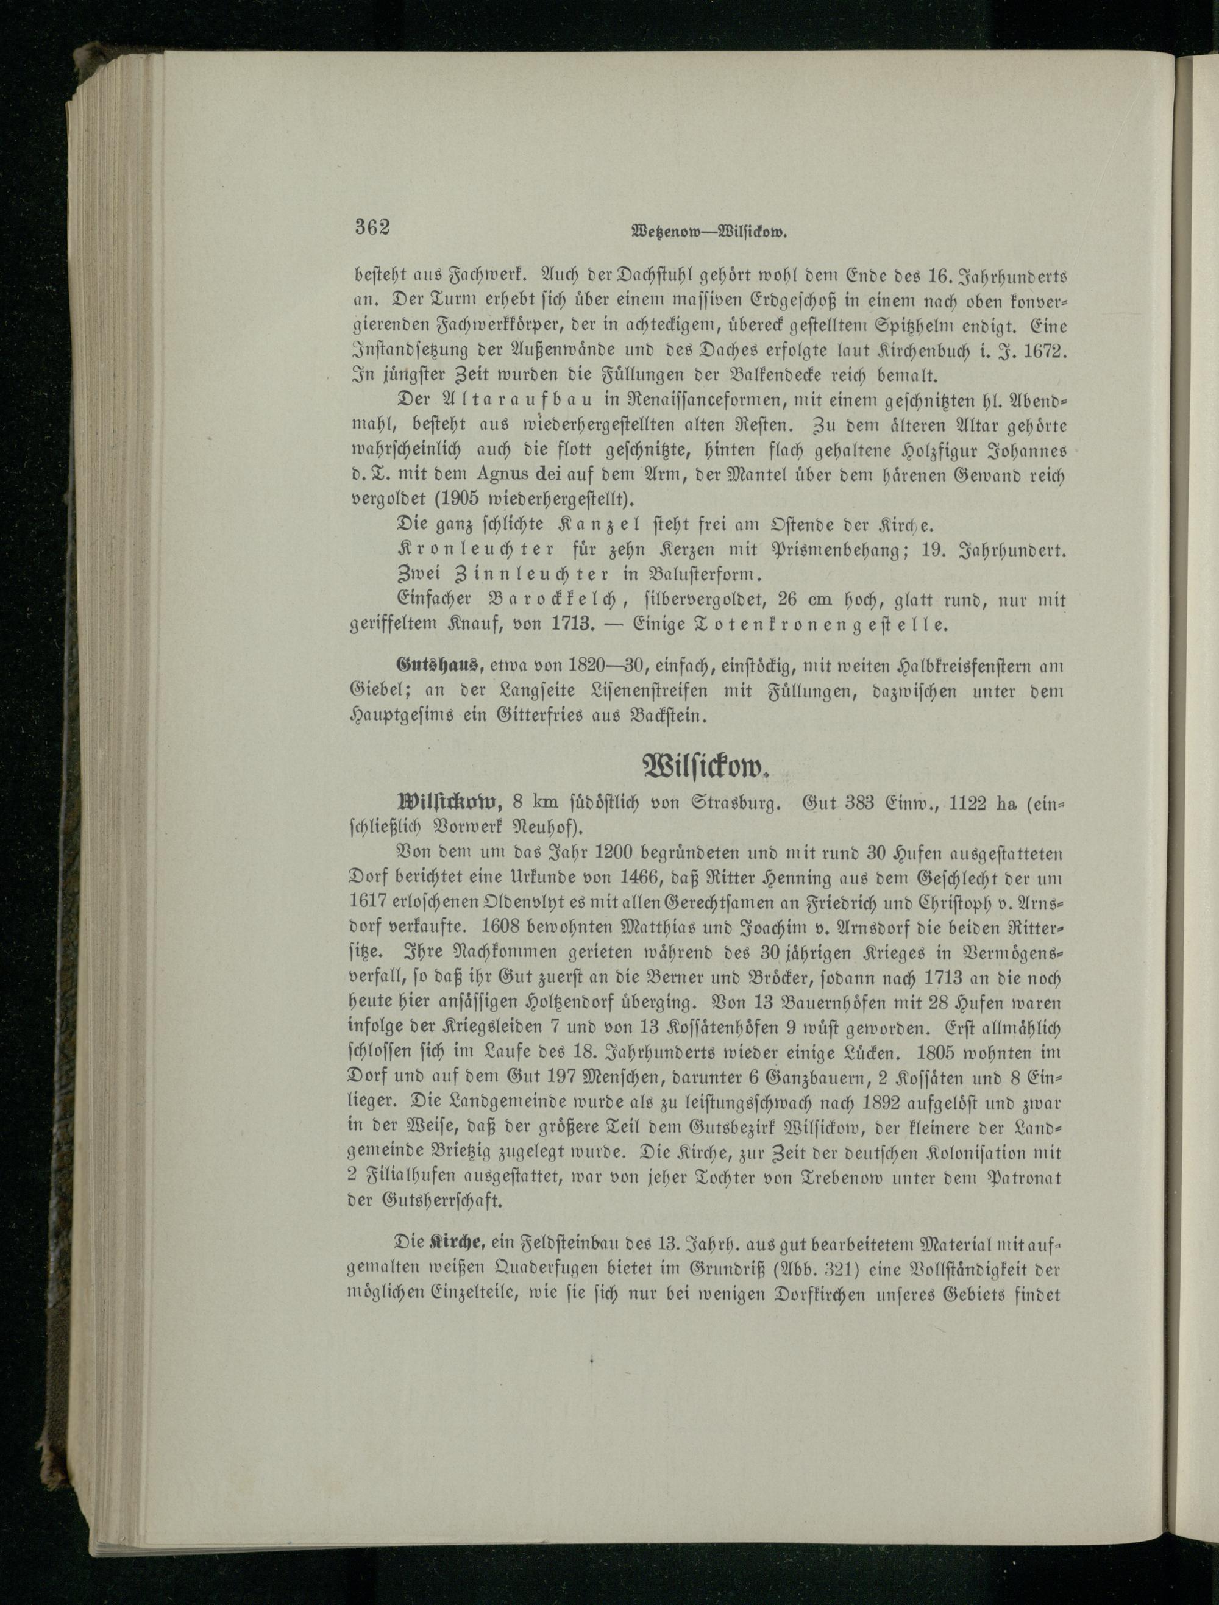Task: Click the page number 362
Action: coord(372,227)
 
